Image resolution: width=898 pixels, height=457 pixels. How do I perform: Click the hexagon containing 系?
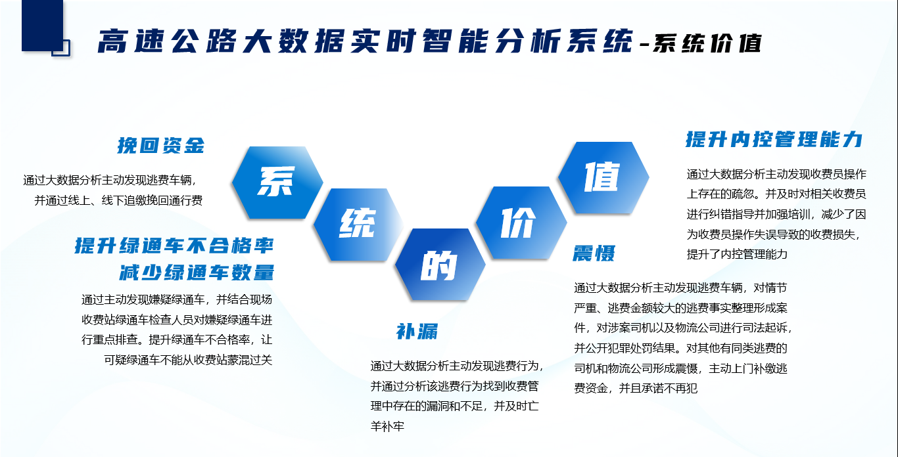(x=277, y=183)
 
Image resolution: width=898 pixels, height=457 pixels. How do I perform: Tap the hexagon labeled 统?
(x=358, y=225)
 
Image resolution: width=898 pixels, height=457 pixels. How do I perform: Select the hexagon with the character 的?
(x=440, y=265)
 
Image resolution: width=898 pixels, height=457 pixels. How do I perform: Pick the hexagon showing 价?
(x=521, y=223)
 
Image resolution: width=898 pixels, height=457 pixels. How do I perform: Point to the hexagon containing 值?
(x=603, y=178)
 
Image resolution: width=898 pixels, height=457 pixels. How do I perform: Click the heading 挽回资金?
(x=161, y=145)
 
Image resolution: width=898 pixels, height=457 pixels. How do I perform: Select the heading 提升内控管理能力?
(x=774, y=139)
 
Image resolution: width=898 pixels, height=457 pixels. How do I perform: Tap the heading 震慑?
(x=594, y=253)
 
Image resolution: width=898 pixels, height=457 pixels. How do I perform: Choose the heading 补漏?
(x=417, y=332)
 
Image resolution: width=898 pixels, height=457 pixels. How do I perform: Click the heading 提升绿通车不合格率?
(x=174, y=246)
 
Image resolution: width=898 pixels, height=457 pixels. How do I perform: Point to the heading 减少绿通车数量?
(x=197, y=272)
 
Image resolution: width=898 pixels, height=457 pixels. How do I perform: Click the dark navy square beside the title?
(x=43, y=26)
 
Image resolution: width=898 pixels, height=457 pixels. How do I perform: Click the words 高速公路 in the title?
(x=168, y=41)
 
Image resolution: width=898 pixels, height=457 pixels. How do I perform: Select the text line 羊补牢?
(x=387, y=426)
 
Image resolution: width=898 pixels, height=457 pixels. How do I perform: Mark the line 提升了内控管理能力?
(x=737, y=254)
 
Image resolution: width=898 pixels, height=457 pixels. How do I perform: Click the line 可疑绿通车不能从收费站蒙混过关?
(x=188, y=360)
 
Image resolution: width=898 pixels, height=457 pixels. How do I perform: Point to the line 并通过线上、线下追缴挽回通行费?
(x=118, y=200)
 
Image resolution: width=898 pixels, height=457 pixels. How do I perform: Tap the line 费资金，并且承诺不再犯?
(x=636, y=387)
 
